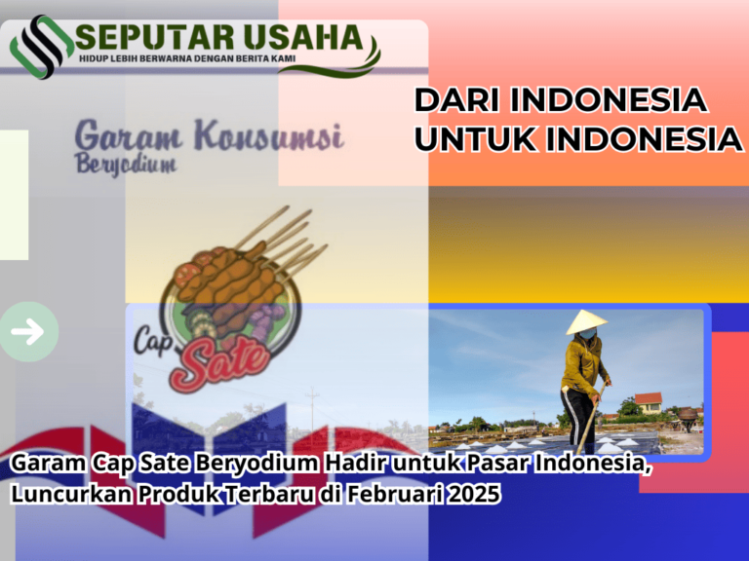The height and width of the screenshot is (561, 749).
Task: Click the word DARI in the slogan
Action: click(458, 100)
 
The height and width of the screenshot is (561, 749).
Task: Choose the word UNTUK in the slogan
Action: click(475, 139)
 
